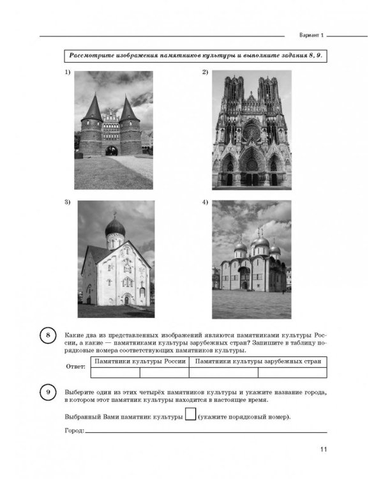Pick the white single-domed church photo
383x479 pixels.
[x=116, y=259]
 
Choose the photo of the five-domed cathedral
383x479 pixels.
[x=251, y=259]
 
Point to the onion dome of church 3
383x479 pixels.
[x=116, y=226]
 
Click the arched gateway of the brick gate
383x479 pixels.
[x=113, y=151]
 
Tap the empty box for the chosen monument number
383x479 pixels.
[x=189, y=416]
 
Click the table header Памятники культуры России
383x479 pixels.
[x=140, y=361]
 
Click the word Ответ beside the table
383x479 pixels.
[x=75, y=367]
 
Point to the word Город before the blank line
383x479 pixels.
[x=74, y=431]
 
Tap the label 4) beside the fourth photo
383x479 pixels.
[x=206, y=202]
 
